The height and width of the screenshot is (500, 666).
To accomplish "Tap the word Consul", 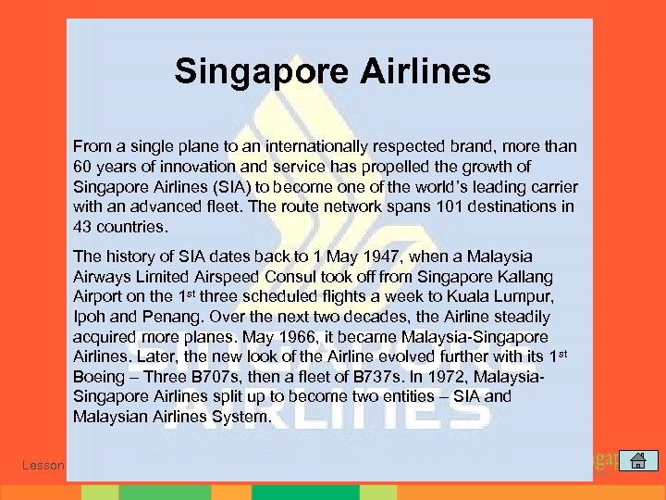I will (286, 276).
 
